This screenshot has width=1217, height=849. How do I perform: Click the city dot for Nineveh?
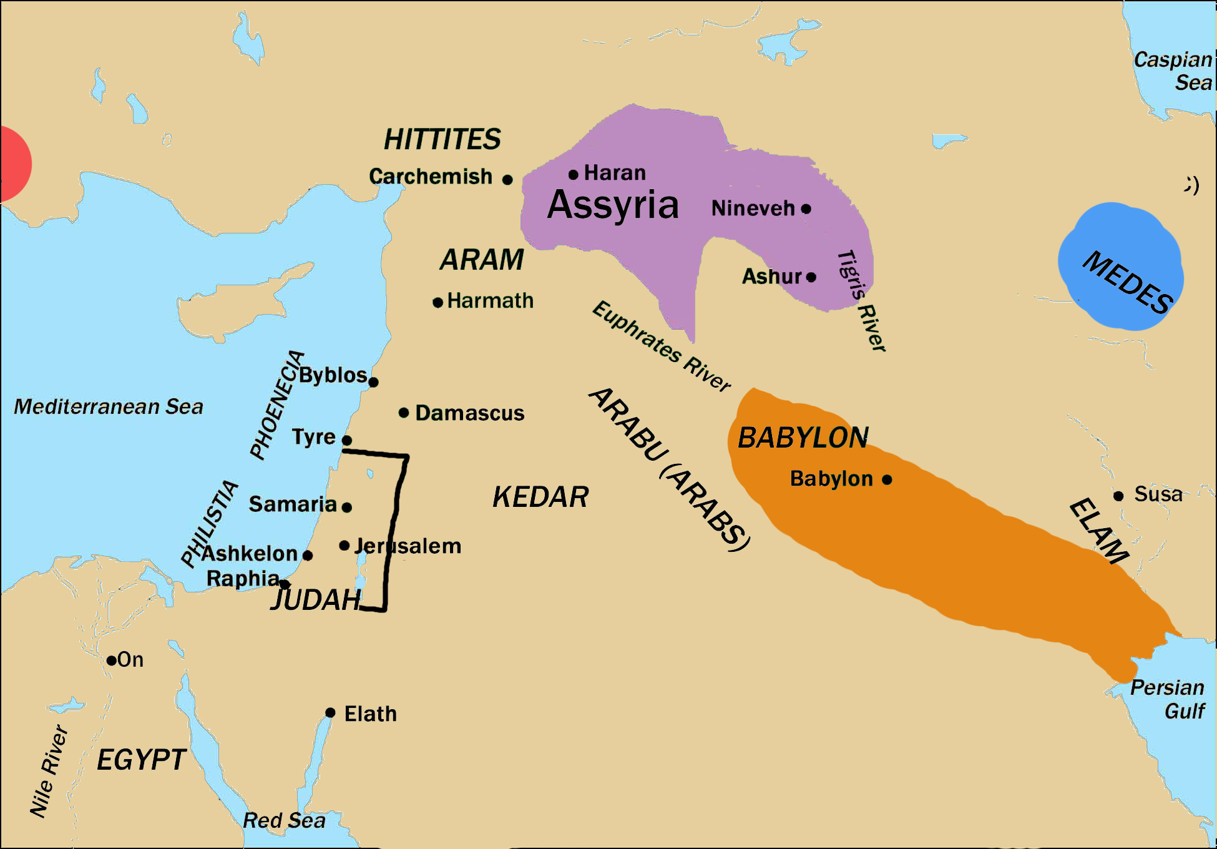[x=806, y=209]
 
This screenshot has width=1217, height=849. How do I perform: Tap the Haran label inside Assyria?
[x=615, y=173]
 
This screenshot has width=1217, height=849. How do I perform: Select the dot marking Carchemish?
[x=507, y=180]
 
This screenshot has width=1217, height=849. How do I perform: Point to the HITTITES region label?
[x=442, y=139]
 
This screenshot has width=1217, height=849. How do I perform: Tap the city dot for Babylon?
[x=887, y=479]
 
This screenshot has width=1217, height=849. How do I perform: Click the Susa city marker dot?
[x=1118, y=496]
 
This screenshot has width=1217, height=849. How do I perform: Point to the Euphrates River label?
[x=662, y=346]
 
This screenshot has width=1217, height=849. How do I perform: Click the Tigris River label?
[x=862, y=300]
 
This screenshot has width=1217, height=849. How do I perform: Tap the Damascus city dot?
[x=404, y=413]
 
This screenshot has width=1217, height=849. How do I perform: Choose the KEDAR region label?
[x=540, y=498]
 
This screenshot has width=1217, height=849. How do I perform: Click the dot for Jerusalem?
[x=344, y=546]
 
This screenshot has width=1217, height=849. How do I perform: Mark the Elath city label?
[x=370, y=714]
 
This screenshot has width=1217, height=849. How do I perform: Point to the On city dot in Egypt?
[x=111, y=660]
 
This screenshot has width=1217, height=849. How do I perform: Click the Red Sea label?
[x=284, y=820]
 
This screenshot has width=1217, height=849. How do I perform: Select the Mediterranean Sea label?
[x=109, y=406]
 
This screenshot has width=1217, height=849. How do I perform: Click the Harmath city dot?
[x=438, y=303]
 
